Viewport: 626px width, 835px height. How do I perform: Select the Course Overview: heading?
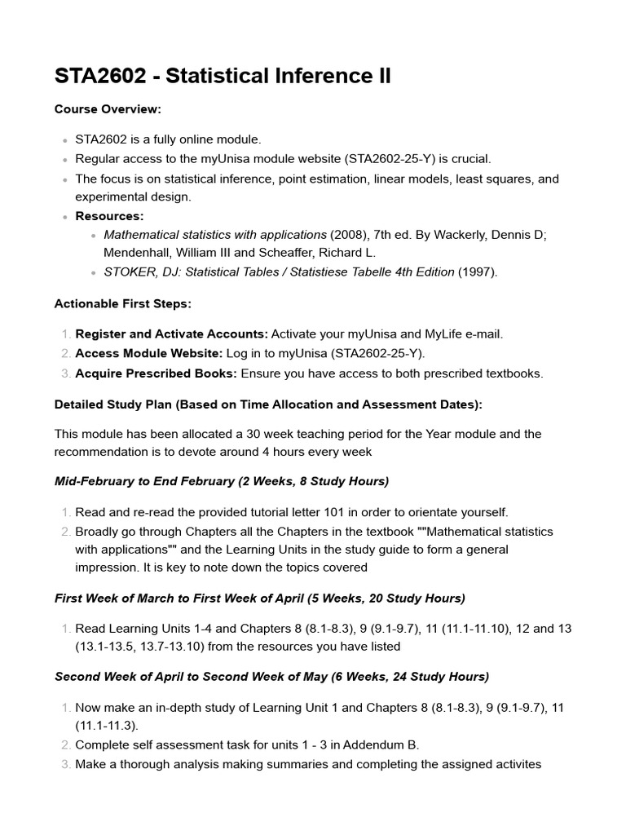tap(108, 109)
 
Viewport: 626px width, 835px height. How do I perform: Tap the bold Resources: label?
tap(109, 216)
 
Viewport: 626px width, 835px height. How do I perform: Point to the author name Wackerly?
tap(446, 235)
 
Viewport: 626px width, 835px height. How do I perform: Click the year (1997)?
tap(478, 272)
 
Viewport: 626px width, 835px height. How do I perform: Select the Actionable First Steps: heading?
tap(123, 303)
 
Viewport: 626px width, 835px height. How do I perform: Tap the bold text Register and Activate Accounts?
tap(171, 334)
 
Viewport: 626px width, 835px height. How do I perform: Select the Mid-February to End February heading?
tap(222, 481)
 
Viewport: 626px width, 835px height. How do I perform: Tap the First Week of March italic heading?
tap(260, 598)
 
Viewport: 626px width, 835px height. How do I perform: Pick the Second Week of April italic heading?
tap(271, 676)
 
